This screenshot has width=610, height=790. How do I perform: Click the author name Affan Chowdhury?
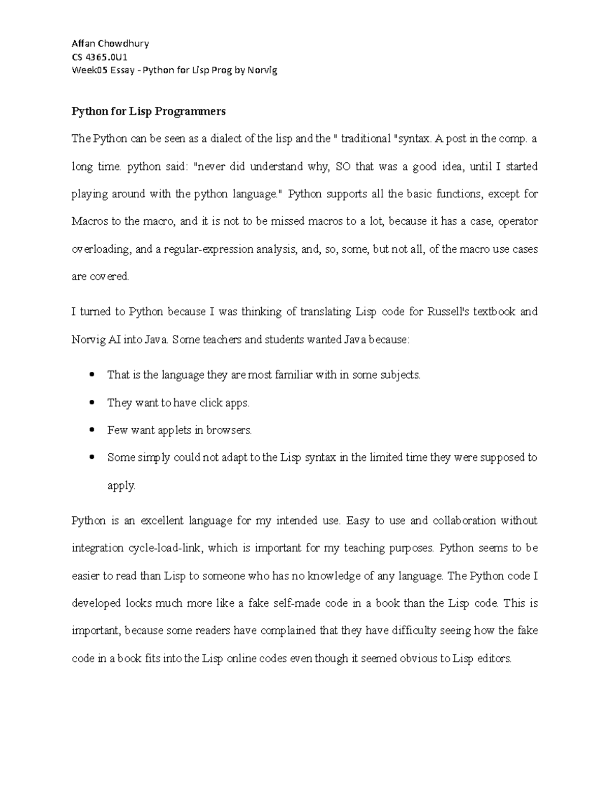pyautogui.click(x=110, y=43)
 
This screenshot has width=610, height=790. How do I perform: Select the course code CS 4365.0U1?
pyautogui.click(x=100, y=56)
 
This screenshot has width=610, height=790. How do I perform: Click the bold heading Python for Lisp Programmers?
pyautogui.click(x=148, y=111)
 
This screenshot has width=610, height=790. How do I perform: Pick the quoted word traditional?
pyautogui.click(x=366, y=139)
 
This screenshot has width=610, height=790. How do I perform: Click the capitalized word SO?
pyautogui.click(x=343, y=166)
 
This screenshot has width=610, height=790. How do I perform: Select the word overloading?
pyautogui.click(x=101, y=249)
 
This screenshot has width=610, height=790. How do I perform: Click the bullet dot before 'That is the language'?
pyautogui.click(x=92, y=375)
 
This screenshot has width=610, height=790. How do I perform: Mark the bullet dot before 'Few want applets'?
pyautogui.click(x=92, y=430)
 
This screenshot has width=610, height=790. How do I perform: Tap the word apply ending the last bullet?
pyautogui.click(x=121, y=486)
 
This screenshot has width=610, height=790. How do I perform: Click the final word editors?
pyautogui.click(x=494, y=659)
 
